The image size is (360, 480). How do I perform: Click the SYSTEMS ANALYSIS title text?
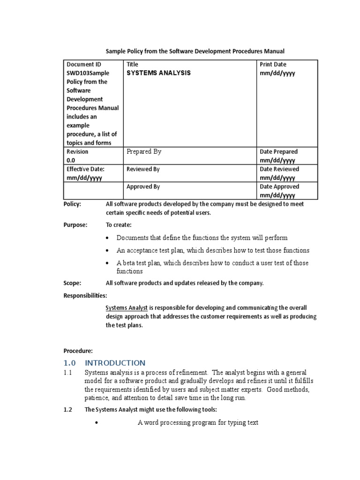[x=158, y=73]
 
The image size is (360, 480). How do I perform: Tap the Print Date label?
[x=273, y=64]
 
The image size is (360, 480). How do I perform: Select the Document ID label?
[x=83, y=64]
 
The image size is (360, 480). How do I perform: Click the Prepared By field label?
[x=144, y=151]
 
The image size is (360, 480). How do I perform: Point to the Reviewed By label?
[x=143, y=169]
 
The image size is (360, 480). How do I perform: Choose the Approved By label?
[x=143, y=187]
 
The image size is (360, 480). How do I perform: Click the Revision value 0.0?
[x=71, y=160]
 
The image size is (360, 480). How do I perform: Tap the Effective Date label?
[x=85, y=169]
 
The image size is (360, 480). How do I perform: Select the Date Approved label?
[x=279, y=187]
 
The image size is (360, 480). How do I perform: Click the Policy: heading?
[x=72, y=204]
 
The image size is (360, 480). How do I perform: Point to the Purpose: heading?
[x=75, y=225]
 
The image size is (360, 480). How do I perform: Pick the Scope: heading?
[x=72, y=283]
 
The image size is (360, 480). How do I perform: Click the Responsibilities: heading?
[x=85, y=295]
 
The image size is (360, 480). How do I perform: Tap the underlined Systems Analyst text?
[x=127, y=308]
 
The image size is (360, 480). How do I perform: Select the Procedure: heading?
[x=78, y=351]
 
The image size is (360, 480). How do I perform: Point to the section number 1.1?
[x=67, y=373]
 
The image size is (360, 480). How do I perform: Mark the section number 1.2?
[x=68, y=409]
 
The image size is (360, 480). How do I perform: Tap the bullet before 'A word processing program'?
[x=95, y=423]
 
